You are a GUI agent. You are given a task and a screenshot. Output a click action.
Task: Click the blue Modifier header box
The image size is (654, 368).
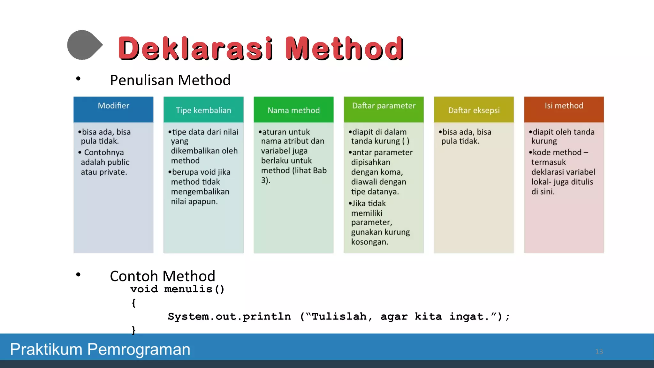click(113, 109)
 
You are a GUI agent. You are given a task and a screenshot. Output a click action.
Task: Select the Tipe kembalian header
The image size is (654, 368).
click(203, 110)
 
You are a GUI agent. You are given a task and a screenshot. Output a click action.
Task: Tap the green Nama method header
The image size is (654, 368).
click(293, 110)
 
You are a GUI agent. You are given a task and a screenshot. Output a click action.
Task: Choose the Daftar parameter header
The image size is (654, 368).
click(384, 109)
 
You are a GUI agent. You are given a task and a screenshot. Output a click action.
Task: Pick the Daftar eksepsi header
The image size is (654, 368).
click(474, 110)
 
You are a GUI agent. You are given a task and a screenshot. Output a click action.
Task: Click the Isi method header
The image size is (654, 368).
click(564, 109)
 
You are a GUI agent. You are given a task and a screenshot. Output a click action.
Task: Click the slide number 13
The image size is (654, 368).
click(599, 351)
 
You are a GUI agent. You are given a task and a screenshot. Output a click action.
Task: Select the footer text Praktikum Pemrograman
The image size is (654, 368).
click(100, 349)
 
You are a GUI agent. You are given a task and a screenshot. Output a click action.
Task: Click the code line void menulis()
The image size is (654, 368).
click(177, 289)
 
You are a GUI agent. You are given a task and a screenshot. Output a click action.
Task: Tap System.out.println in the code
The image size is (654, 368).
click(229, 317)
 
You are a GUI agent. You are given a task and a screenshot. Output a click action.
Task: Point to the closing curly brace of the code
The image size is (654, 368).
click(134, 330)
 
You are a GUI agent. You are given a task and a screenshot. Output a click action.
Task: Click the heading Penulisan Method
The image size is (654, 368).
click(170, 80)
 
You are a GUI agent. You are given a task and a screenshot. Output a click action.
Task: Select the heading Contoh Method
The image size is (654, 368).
click(162, 276)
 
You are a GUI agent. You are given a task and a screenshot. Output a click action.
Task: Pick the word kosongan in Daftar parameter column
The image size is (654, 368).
click(369, 242)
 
